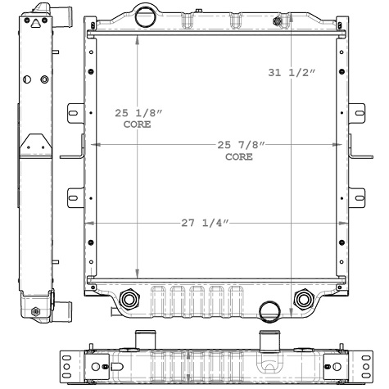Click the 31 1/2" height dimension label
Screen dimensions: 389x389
pyautogui.click(x=292, y=73)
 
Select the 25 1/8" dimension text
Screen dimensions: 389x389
pyautogui.click(x=137, y=114)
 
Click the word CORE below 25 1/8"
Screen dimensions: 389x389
pyautogui.click(x=137, y=125)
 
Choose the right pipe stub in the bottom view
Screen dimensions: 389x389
pyautogui.click(x=267, y=339)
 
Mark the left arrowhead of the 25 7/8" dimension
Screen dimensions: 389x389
pyautogui.click(x=93, y=145)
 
